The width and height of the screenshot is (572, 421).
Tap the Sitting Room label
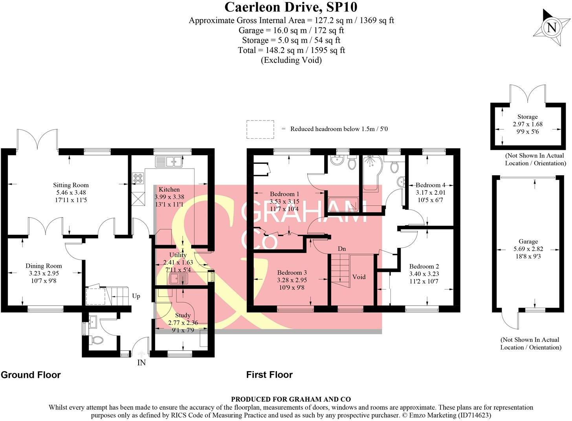click(x=71, y=185)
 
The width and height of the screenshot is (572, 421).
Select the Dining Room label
click(x=44, y=266)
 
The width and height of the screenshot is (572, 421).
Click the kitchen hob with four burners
click(x=138, y=178)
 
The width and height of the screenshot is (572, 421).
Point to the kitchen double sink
click(x=169, y=161)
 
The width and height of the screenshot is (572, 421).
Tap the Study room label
click(x=183, y=315)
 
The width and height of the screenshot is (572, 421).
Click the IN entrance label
click(x=141, y=363)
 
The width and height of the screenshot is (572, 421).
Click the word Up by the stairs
click(x=136, y=296)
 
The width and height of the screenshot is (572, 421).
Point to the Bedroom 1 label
click(x=284, y=194)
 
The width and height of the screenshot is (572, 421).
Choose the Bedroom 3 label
click(x=291, y=273)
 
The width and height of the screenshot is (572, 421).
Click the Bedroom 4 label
click(x=430, y=185)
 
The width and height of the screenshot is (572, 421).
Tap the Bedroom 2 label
click(x=424, y=266)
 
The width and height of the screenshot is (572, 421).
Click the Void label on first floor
click(x=359, y=277)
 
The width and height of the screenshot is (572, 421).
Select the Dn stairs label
click(x=342, y=249)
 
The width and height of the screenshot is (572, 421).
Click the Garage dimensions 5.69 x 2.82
click(x=528, y=249)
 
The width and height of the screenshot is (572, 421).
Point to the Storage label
click(x=527, y=117)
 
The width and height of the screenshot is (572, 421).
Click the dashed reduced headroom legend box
click(x=260, y=129)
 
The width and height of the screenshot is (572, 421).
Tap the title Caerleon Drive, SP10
click(x=291, y=7)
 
